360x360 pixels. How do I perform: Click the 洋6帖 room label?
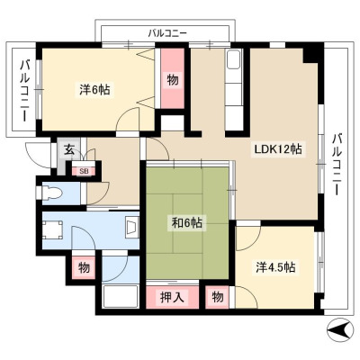[94, 90]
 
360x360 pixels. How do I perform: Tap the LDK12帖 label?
[278, 149]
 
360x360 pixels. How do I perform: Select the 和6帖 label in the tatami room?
[186, 222]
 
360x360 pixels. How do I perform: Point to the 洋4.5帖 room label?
[275, 267]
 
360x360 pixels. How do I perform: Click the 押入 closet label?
[172, 297]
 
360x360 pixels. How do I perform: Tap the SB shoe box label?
[84, 171]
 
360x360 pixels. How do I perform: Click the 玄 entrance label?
[69, 149]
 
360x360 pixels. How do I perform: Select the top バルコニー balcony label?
[167, 32]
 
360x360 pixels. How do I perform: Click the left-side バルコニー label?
[24, 91]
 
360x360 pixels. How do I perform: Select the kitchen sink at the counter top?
[234, 60]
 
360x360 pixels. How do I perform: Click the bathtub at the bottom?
[120, 296]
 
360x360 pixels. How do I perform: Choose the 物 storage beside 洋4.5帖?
[217, 297]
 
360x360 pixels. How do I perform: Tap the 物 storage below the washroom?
[84, 267]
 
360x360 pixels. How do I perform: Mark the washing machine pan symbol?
[52, 230]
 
